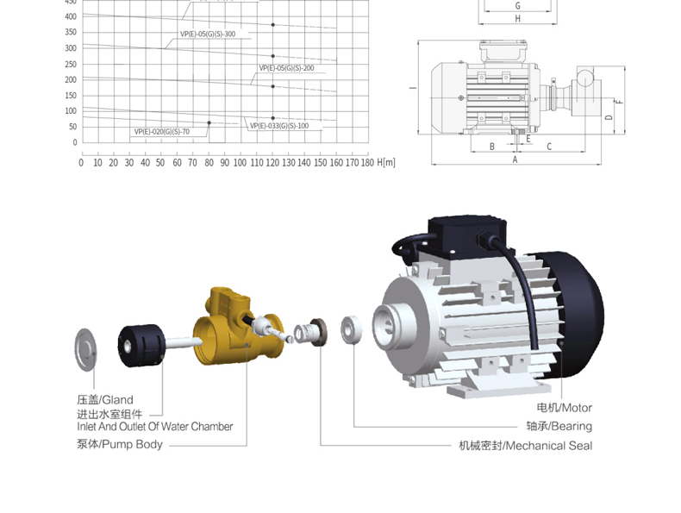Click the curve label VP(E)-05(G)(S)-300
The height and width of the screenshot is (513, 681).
click(208, 34)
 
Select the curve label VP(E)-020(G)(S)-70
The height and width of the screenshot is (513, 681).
click(161, 132)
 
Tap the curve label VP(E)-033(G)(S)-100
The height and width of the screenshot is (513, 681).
click(279, 126)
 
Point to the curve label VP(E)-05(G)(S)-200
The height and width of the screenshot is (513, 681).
click(287, 68)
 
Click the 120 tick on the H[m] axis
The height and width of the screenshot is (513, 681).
click(272, 163)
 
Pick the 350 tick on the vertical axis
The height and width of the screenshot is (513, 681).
click(71, 32)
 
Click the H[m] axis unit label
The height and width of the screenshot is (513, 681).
click(386, 162)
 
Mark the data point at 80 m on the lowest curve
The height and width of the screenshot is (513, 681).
click(209, 123)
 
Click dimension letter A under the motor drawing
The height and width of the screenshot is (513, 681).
click(515, 160)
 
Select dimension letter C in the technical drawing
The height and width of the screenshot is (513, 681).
click(549, 147)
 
